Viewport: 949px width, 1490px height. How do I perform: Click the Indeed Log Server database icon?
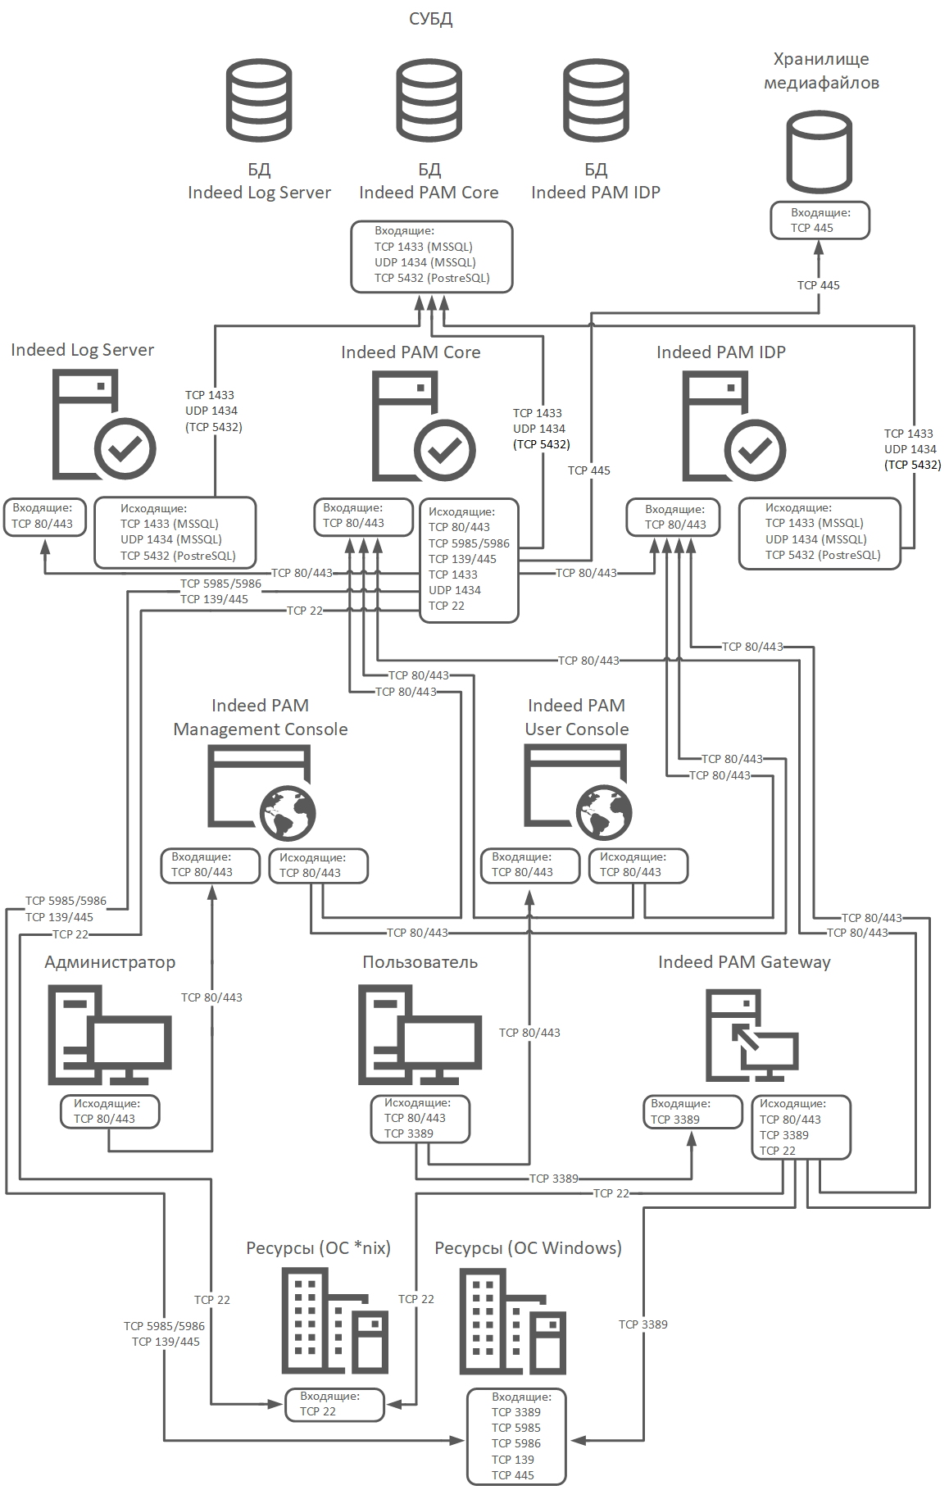(259, 100)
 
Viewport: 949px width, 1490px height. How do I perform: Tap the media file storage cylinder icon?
(819, 152)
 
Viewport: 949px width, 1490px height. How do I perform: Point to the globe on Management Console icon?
(288, 813)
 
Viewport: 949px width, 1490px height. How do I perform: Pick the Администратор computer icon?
(109, 1035)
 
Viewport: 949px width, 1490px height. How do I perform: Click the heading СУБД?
(431, 19)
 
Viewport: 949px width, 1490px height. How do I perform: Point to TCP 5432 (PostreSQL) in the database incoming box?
(432, 278)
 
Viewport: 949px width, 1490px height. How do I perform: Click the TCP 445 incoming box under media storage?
(820, 221)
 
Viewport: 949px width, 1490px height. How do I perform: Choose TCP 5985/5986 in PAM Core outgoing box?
(469, 543)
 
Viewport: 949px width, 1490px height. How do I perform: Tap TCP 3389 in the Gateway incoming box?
(675, 1120)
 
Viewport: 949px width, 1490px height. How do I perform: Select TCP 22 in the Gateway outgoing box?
(778, 1151)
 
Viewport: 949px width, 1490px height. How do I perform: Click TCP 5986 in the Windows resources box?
(516, 1443)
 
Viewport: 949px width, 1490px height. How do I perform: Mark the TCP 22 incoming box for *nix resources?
(334, 1404)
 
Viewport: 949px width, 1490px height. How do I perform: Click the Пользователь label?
(420, 962)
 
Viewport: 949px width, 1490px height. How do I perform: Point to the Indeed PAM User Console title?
(577, 717)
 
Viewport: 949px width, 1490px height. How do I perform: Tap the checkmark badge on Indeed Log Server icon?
(125, 448)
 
